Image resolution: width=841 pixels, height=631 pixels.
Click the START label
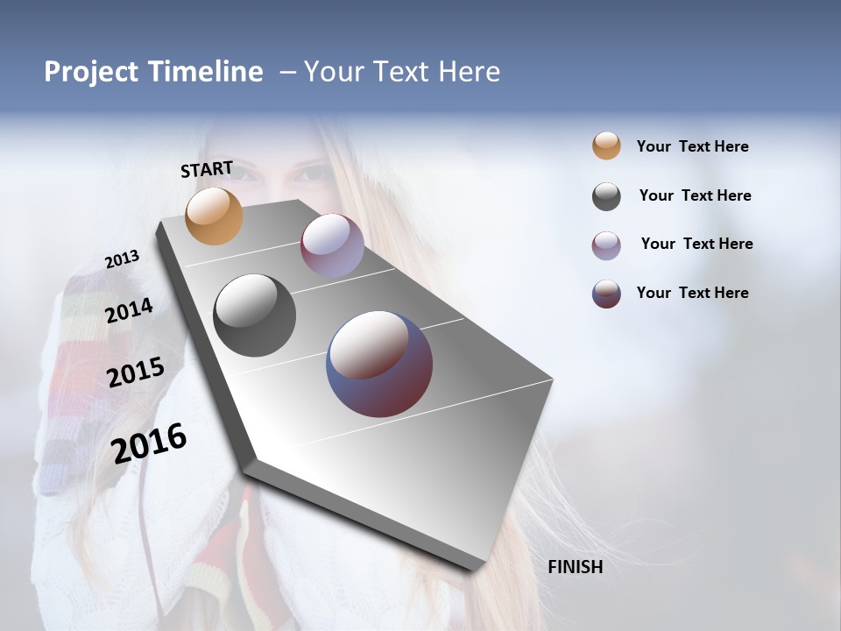click(x=207, y=169)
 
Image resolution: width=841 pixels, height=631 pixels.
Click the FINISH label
click(x=575, y=567)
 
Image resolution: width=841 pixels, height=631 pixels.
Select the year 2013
click(x=122, y=259)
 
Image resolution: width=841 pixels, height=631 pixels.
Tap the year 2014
click(x=129, y=310)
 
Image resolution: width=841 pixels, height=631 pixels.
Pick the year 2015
click(x=135, y=372)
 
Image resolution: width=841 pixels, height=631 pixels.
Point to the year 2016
click(x=149, y=443)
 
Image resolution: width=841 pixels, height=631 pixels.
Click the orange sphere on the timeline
click(x=214, y=216)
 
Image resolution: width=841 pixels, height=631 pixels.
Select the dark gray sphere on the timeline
click(x=254, y=315)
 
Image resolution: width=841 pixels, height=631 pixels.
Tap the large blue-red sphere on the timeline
click(x=378, y=363)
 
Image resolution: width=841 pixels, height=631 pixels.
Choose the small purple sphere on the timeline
click(x=332, y=245)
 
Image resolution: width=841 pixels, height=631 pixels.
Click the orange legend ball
click(x=606, y=146)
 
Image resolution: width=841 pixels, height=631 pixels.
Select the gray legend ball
click(x=606, y=196)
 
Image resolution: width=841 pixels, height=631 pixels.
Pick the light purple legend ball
click(x=606, y=245)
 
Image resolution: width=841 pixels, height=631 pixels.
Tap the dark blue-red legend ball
click(x=606, y=294)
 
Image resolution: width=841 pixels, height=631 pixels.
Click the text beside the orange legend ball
click(x=692, y=146)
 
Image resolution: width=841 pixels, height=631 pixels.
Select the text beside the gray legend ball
click(x=695, y=195)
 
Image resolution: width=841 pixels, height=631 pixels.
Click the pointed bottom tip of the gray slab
click(x=473, y=569)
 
